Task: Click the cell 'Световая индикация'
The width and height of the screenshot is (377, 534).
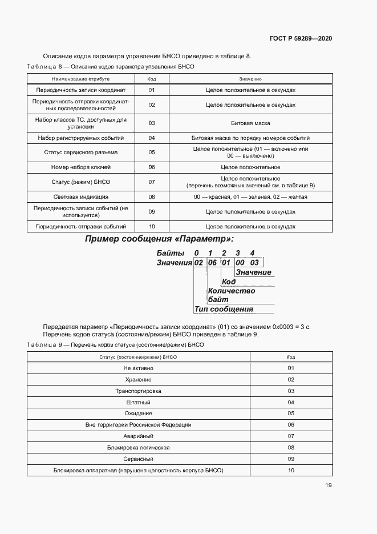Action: [80, 197]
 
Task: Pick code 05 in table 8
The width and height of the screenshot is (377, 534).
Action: [152, 152]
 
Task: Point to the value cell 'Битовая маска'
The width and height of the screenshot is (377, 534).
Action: [250, 123]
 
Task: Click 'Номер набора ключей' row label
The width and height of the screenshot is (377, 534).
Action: [80, 167]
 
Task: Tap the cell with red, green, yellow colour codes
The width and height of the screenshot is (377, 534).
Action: [250, 197]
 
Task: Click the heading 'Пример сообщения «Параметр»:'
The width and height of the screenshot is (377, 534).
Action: [159, 239]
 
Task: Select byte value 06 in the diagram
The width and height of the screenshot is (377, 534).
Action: [212, 263]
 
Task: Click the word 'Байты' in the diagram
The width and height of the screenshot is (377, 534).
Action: [171, 253]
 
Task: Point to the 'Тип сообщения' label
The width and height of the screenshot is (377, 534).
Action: [224, 309]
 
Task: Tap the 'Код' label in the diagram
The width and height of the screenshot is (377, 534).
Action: [229, 282]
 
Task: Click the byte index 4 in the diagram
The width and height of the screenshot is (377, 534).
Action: [253, 253]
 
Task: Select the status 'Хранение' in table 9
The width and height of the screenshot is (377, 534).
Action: [138, 380]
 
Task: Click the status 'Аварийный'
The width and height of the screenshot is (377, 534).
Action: [138, 436]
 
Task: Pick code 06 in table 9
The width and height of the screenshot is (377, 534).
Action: [291, 425]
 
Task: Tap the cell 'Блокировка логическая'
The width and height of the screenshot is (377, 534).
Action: [138, 447]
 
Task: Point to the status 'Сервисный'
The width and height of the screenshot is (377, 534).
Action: [138, 459]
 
